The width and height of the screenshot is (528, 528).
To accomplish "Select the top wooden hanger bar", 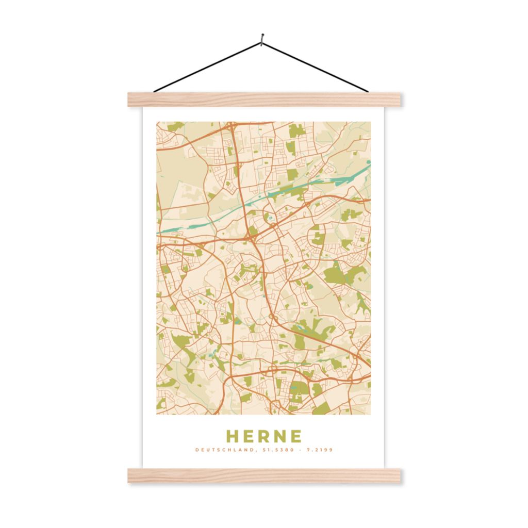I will [x=264, y=100].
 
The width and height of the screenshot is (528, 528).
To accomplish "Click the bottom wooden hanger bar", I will [x=264, y=475].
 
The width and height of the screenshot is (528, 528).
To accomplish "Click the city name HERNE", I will [x=264, y=436].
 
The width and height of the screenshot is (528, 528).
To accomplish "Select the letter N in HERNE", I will [x=280, y=436].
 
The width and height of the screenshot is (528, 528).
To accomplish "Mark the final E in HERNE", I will [x=295, y=436].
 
